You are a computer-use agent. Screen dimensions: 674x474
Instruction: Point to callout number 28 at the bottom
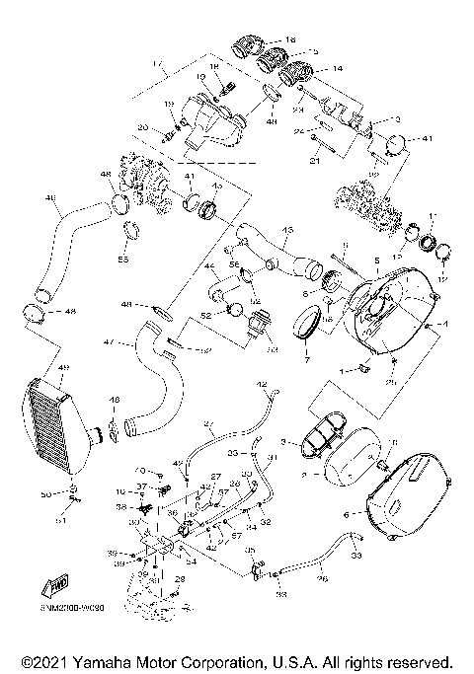[180, 578]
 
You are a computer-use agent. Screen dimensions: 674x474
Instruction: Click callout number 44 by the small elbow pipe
[208, 267]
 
